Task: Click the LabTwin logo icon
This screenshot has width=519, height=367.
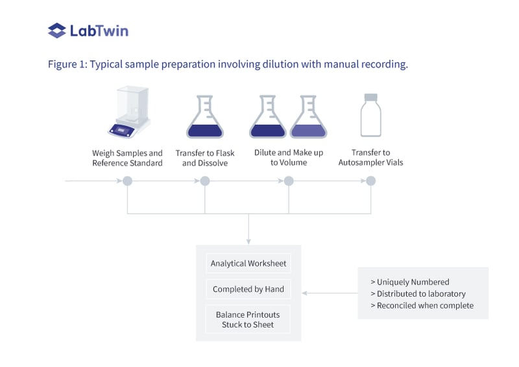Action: point(57,31)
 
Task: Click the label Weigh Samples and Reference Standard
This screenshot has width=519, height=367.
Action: point(127,158)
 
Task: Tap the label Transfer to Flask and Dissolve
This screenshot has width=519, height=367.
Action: point(205,158)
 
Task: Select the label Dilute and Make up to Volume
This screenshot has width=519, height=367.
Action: point(288,158)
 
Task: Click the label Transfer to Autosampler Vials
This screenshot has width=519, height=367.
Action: point(370,158)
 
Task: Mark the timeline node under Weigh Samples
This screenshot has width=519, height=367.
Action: point(127,181)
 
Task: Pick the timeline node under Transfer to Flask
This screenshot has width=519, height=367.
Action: point(205,181)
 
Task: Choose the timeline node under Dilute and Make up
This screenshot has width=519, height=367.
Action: point(288,181)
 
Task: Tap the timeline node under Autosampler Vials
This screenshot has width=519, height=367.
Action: point(370,181)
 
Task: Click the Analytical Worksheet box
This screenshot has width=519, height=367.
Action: point(248,264)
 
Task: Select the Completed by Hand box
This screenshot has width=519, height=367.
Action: point(248,289)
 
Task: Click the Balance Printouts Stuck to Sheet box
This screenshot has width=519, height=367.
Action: point(248,320)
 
